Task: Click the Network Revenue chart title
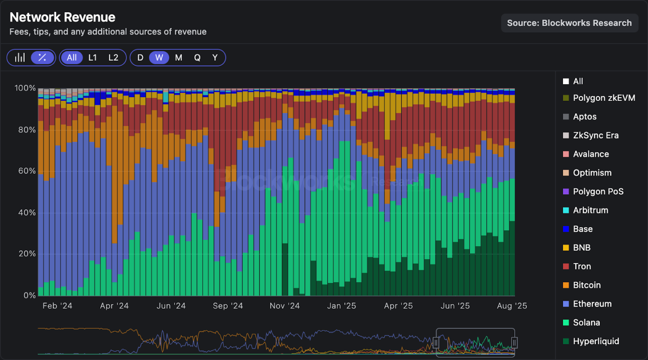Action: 62,17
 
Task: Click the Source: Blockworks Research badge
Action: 569,23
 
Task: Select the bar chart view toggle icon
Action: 20,58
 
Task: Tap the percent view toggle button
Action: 42,58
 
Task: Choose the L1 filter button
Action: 92,58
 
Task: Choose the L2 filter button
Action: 113,58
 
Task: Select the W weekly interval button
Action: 159,58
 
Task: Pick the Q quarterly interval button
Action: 197,58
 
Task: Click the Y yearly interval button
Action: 215,58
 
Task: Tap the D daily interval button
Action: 140,58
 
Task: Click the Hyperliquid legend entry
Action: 596,341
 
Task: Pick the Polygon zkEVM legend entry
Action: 604,98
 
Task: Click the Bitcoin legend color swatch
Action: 566,285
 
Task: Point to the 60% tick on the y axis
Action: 27,171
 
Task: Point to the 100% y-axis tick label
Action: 25,88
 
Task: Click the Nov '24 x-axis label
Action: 284,306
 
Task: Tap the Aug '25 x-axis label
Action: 512,306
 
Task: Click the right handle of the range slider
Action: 514,343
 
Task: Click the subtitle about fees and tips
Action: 108,32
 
